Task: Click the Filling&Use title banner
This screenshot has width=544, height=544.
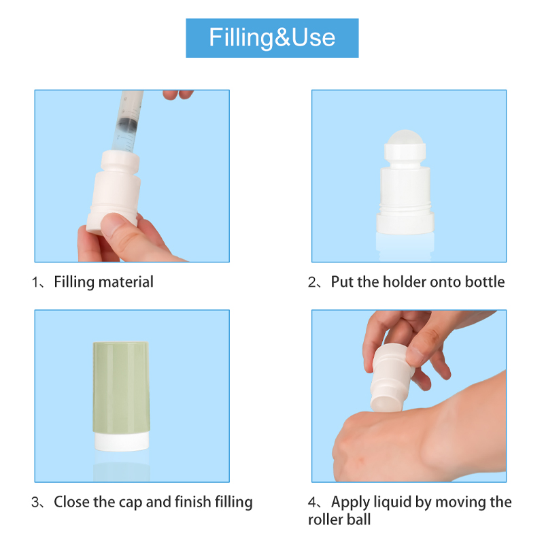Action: [x=272, y=37]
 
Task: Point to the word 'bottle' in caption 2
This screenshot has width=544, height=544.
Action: [x=482, y=282]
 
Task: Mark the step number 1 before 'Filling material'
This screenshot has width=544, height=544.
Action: [x=35, y=282]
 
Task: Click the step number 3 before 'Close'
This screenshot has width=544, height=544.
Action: [x=35, y=503]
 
